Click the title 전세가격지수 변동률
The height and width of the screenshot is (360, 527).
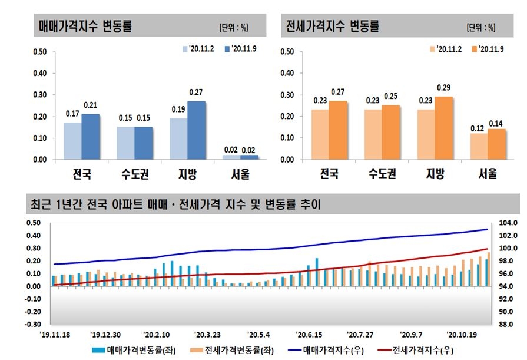pyautogui.click(x=332, y=27)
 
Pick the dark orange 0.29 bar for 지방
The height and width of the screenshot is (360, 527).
pyautogui.click(x=443, y=128)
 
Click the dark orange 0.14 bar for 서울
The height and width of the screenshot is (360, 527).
pyautogui.click(x=496, y=144)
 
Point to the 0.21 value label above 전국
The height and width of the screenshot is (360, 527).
pyautogui.click(x=91, y=105)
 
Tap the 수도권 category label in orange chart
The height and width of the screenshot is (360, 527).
pyautogui.click(x=382, y=174)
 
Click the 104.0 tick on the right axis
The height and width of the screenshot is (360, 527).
pyautogui.click(x=508, y=223)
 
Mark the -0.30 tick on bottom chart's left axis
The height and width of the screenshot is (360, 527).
pyautogui.click(x=33, y=324)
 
